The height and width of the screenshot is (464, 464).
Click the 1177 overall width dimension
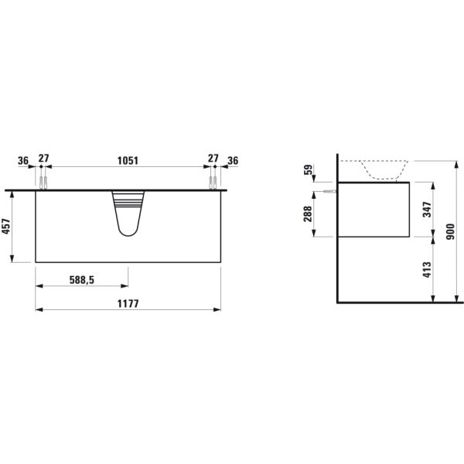[x=128, y=304]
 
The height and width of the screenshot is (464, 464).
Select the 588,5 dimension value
[x=82, y=280]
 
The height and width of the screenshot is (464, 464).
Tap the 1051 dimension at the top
[x=128, y=161]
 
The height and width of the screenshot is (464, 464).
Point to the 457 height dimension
[x=6, y=227]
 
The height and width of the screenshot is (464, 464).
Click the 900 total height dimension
[x=450, y=232]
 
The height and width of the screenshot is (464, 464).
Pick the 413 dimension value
[x=427, y=270]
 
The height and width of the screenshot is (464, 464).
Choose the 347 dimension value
[x=427, y=210]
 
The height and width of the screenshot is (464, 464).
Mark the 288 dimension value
[x=308, y=213]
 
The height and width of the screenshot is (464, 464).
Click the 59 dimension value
[x=308, y=169]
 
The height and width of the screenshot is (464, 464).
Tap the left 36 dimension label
[x=23, y=161]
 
